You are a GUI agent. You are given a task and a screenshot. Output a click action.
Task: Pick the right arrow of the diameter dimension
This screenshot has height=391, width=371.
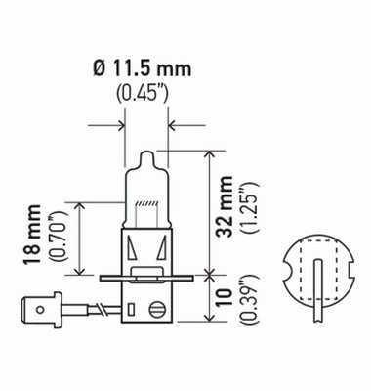click(x=177, y=125)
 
